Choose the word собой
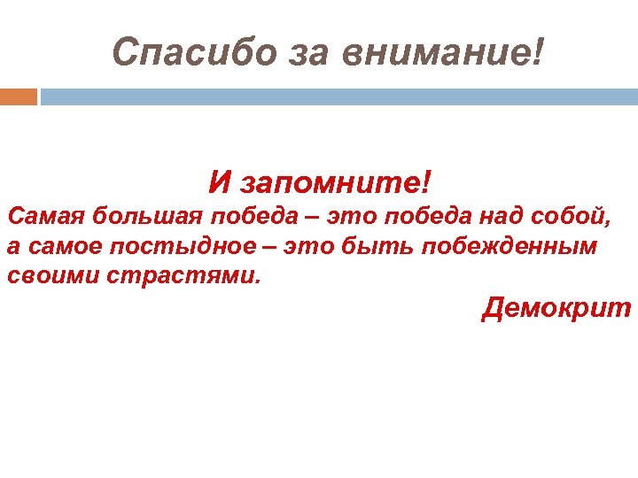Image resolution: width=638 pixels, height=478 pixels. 572,215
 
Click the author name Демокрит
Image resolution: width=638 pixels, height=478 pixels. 556,308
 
